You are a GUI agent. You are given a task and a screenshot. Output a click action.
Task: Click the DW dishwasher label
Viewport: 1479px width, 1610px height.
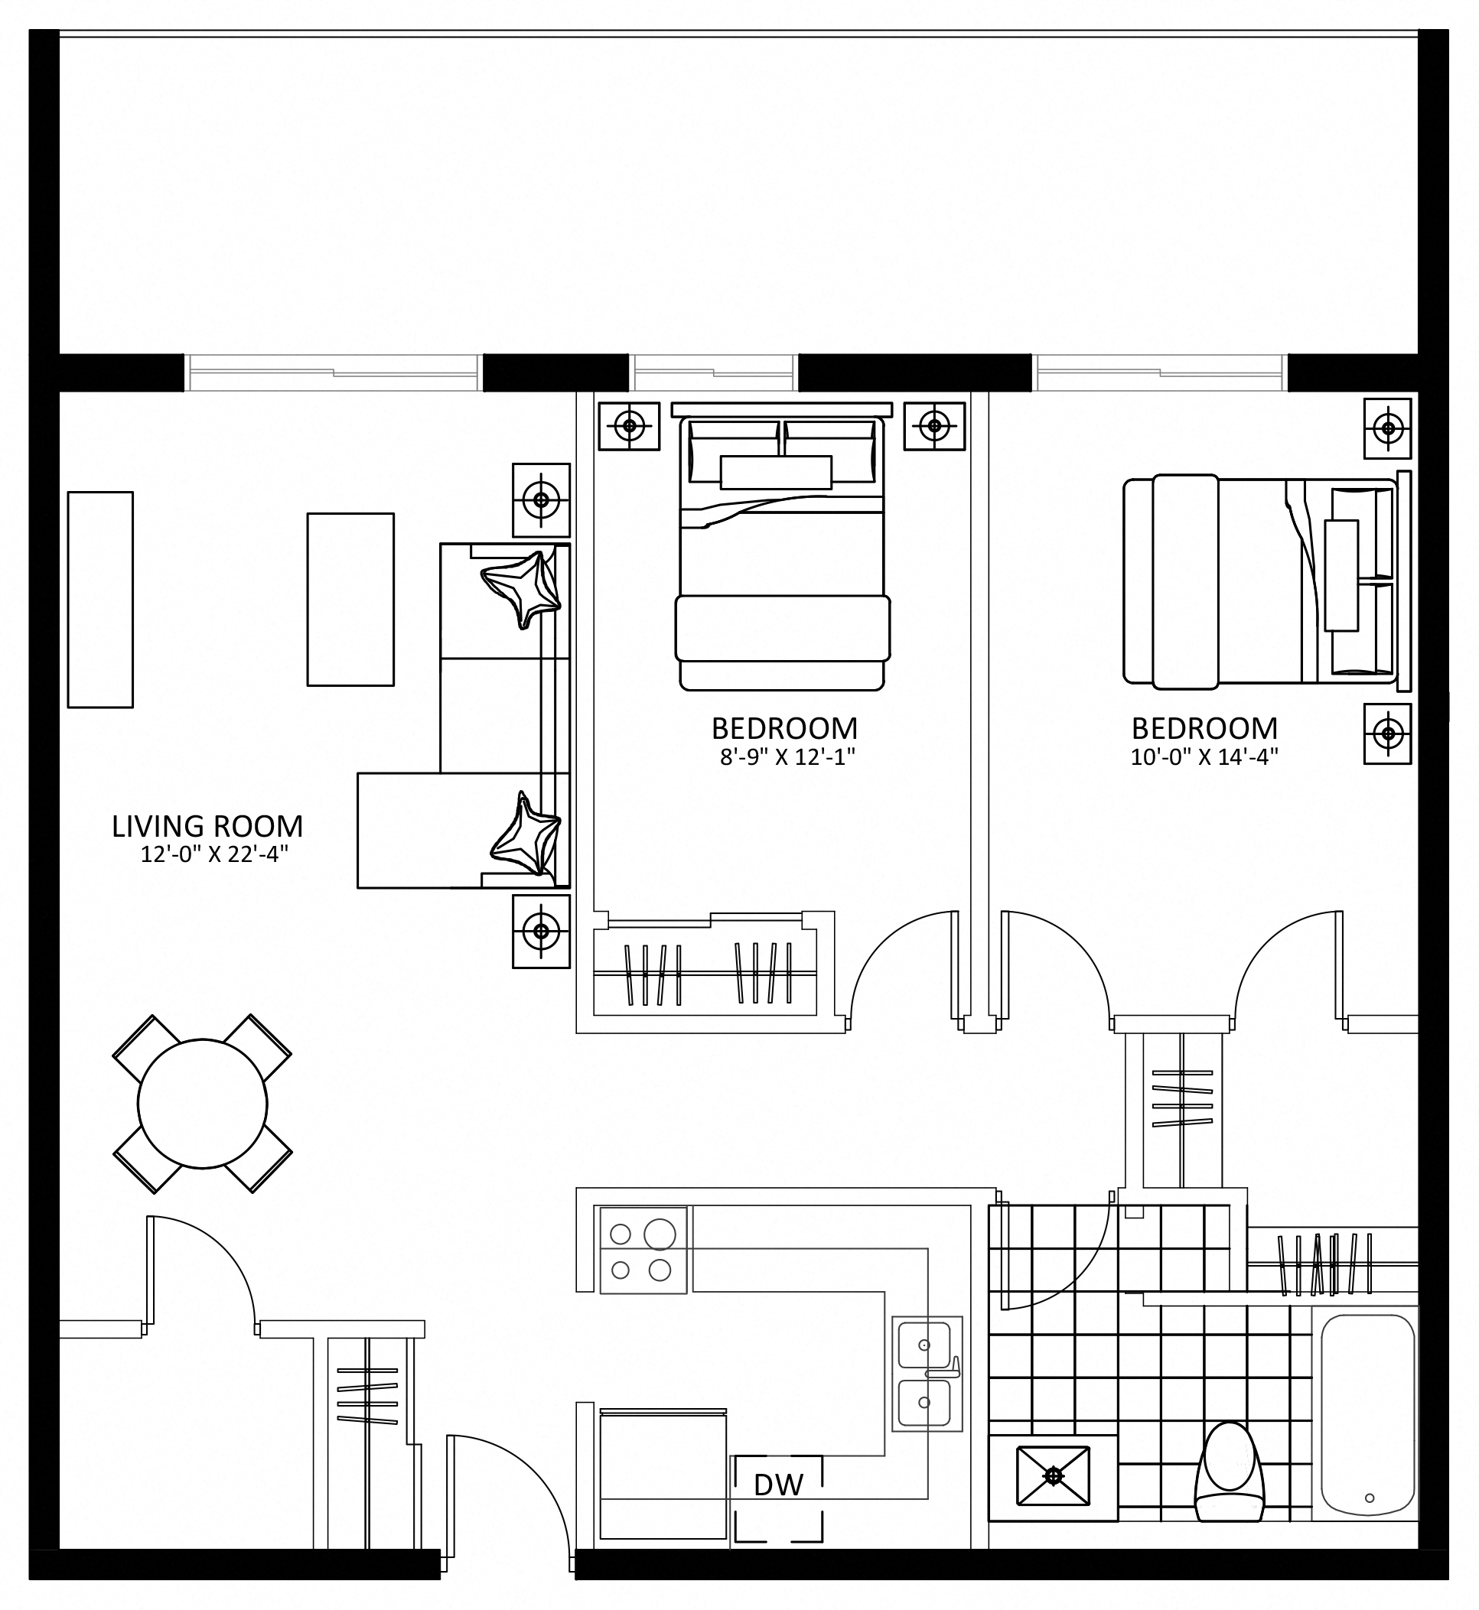point(779,1486)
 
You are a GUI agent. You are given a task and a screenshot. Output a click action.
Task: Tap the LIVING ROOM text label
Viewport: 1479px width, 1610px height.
point(207,826)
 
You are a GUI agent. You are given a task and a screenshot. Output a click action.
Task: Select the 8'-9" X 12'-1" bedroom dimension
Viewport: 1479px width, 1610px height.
point(787,757)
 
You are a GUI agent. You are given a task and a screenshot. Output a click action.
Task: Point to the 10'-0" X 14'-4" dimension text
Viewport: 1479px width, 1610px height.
point(1204,757)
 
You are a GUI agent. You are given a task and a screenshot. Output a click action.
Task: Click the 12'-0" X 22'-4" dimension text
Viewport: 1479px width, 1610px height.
point(214,854)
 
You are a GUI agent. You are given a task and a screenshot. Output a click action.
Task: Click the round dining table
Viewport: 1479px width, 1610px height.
point(203,1104)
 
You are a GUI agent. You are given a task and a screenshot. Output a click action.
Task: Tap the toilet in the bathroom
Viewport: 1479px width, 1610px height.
point(1229,1472)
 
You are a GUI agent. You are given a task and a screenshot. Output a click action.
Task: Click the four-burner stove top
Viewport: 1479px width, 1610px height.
point(643,1250)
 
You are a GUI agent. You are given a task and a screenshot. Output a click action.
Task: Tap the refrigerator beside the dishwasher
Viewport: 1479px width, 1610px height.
point(663,1473)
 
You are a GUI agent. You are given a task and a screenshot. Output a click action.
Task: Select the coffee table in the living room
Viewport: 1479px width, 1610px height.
point(350,600)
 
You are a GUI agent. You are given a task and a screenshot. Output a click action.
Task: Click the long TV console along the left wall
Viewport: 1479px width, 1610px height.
point(100,600)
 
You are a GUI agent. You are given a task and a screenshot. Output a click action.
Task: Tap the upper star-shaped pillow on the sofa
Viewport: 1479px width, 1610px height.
point(521,588)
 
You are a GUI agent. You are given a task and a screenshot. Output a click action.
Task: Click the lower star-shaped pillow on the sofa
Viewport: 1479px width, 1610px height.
point(524,835)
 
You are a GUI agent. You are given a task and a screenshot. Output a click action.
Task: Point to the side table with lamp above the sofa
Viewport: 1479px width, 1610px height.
point(541,500)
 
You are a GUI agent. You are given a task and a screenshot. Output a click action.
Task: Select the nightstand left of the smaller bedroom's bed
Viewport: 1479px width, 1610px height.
point(629,426)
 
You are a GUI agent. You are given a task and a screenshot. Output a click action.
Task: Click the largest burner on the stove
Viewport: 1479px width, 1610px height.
point(660,1233)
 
